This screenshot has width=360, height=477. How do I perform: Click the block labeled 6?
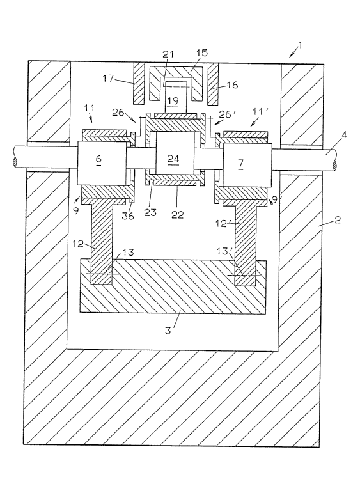pos(102,162)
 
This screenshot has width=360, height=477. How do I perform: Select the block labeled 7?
pos(247,165)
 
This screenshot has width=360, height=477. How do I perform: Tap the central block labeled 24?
pos(175,153)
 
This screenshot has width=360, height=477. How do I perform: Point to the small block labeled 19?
pos(173,100)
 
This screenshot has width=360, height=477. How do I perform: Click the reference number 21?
pos(168,54)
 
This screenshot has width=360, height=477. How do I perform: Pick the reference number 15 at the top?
pos(202,52)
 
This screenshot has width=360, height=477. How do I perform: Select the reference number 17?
pos(108,79)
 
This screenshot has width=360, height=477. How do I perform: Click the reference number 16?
pos(232,85)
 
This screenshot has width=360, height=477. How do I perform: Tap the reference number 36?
pos(127,215)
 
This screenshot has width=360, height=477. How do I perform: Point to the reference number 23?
pos(150,212)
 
